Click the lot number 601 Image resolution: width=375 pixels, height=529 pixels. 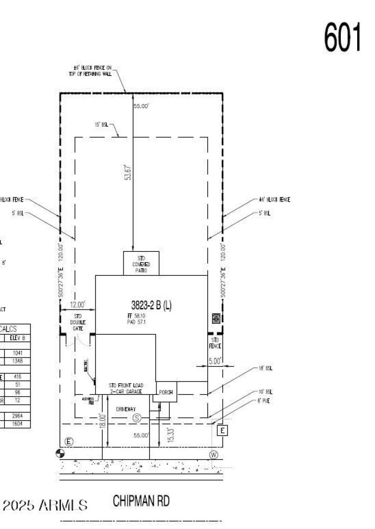pos(343,38)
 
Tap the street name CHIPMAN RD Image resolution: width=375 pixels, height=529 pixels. pos(141,501)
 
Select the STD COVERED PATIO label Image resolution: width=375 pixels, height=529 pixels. pos(141,264)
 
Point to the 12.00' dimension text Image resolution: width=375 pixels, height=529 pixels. pos(78,304)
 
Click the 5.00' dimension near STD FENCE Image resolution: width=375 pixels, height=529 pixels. pos(215,361)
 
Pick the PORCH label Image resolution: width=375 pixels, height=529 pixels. pos(165,392)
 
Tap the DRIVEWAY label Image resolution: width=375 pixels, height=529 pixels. pos(126,409)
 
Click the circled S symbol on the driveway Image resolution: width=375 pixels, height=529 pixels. pos(137,417)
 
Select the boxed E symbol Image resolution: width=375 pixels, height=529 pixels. pos(223,430)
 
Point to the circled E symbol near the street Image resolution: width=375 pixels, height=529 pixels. pos(69,441)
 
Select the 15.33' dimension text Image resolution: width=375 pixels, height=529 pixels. pos(171,434)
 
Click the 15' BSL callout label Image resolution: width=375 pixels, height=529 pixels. pos(101,125)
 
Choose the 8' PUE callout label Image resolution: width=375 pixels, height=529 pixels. pos(263,401)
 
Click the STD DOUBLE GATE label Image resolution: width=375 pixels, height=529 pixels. pos(78,323)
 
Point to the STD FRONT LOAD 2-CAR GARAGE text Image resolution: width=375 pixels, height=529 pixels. pos(126,388)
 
